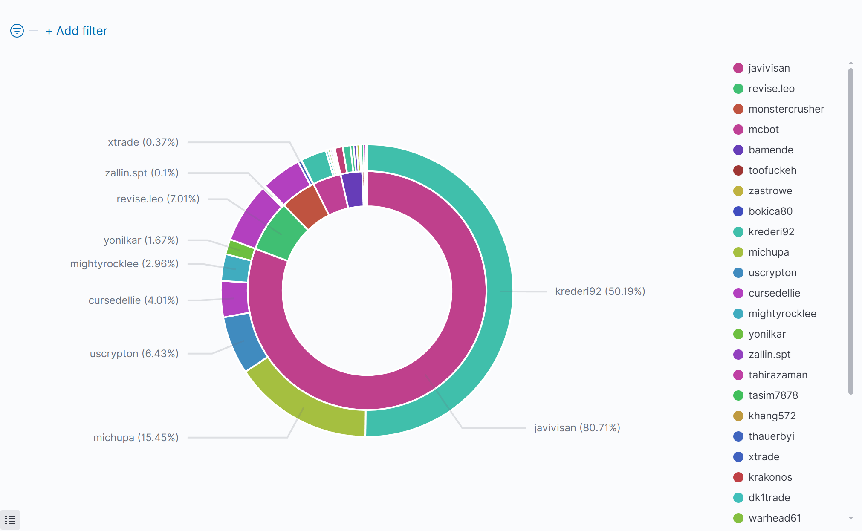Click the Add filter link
pyautogui.click(x=77, y=31)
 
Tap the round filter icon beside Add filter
pyautogui.click(x=17, y=31)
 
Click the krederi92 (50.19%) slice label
pyautogui.click(x=600, y=291)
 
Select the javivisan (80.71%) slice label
pyautogui.click(x=577, y=428)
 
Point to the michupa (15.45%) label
pyautogui.click(x=136, y=438)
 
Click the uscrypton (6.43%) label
pyautogui.click(x=134, y=354)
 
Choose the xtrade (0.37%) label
pyautogui.click(x=143, y=142)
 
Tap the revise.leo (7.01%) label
pyautogui.click(x=158, y=199)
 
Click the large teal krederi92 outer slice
pyautogui.click(x=490, y=256)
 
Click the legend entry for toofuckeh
pyautogui.click(x=772, y=170)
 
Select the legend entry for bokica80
pyautogui.click(x=770, y=211)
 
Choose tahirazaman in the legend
pyautogui.click(x=778, y=375)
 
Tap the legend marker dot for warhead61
pyautogui.click(x=738, y=518)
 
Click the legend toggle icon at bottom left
pyautogui.click(x=10, y=520)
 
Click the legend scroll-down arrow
pyautogui.click(x=851, y=518)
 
